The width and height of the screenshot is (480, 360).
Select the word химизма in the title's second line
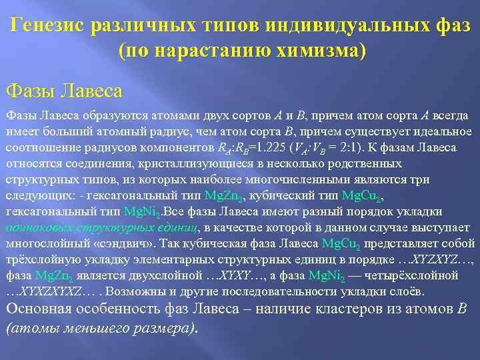pyautogui.click(x=313, y=51)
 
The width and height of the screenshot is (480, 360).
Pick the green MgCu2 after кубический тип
pyautogui.click(x=363, y=196)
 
